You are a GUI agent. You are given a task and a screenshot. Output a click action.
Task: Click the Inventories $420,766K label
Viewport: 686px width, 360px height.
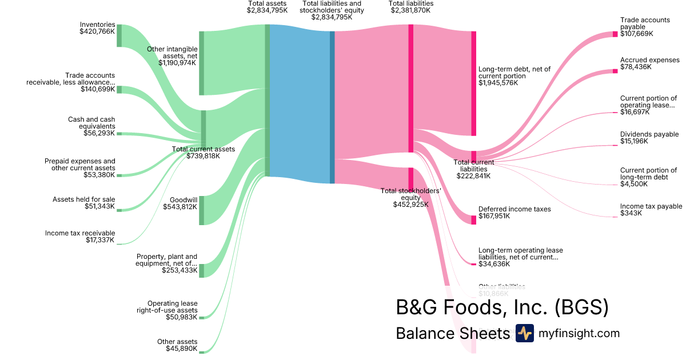(97, 29)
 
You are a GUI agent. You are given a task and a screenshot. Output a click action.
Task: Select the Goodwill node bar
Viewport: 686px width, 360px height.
(201, 210)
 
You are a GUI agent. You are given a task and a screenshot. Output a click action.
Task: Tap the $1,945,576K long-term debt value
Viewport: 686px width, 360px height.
(498, 83)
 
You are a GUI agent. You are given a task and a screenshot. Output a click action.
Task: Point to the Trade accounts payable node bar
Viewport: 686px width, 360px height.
(615, 34)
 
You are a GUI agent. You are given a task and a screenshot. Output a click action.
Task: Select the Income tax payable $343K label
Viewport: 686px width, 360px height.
(651, 210)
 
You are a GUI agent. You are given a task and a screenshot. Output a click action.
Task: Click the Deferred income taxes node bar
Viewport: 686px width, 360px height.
(473, 220)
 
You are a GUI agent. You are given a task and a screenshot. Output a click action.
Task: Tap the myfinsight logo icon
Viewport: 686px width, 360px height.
(524, 333)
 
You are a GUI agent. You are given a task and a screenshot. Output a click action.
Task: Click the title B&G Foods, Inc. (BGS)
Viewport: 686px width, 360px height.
(502, 307)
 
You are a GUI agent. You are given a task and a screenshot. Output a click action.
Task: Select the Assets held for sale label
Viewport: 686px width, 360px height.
(84, 202)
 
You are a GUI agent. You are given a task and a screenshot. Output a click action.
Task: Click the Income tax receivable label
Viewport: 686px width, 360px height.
(80, 237)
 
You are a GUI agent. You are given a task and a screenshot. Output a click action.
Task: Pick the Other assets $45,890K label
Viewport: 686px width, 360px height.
(177, 345)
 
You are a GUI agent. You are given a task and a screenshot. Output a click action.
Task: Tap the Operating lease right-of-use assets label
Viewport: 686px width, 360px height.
(167, 310)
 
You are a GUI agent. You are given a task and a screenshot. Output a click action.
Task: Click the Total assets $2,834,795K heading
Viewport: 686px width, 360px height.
(267, 7)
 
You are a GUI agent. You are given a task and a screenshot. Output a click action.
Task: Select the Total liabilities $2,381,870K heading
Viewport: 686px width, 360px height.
(410, 7)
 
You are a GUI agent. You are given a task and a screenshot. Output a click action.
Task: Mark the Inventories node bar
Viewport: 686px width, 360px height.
(119, 35)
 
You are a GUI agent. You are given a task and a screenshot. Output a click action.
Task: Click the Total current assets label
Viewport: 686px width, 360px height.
(203, 153)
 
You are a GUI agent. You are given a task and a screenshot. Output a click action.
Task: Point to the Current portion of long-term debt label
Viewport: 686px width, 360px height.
(648, 177)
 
